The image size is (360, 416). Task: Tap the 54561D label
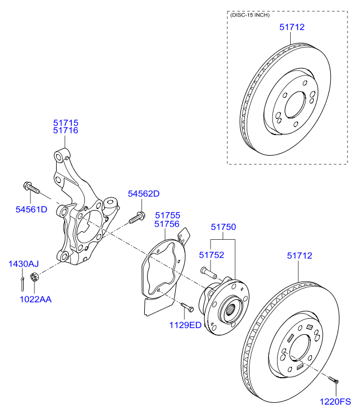pyautogui.click(x=31, y=209)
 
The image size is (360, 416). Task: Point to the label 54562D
pyautogui.click(x=143, y=193)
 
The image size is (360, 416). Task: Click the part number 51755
pyautogui.click(x=168, y=216)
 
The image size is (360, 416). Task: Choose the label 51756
pyautogui.click(x=168, y=224)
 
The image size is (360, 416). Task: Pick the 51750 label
pyautogui.click(x=223, y=227)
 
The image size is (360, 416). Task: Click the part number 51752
pyautogui.click(x=211, y=255)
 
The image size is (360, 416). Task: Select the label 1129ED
pyautogui.click(x=185, y=325)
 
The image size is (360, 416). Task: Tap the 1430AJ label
pyautogui.click(x=23, y=264)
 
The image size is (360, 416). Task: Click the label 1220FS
pyautogui.click(x=335, y=403)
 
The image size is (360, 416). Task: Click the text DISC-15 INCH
pyautogui.click(x=249, y=15)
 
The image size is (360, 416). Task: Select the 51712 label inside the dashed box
pyautogui.click(x=292, y=26)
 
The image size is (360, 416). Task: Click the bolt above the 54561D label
pyautogui.click(x=30, y=187)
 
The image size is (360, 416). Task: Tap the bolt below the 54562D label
pyautogui.click(x=136, y=217)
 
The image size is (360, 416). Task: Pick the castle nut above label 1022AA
pyautogui.click(x=33, y=279)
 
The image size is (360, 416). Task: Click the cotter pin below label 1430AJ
pyautogui.click(x=21, y=282)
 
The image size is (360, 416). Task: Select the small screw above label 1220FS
pyautogui.click(x=334, y=379)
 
